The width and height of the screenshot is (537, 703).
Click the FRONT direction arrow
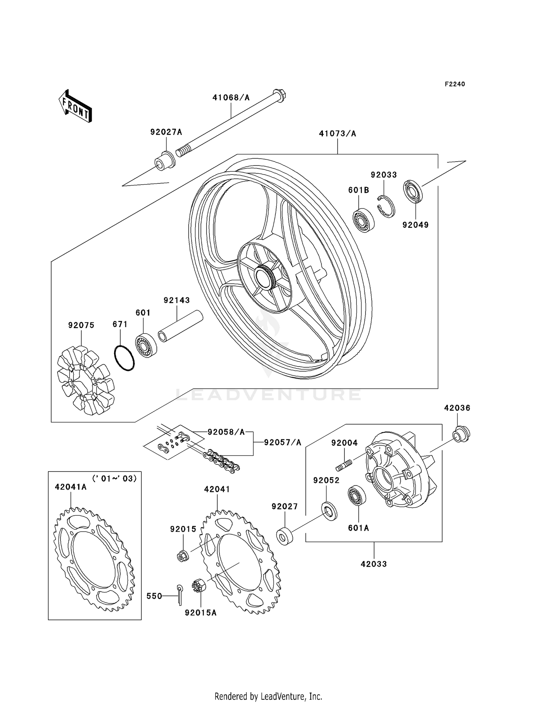[75, 107]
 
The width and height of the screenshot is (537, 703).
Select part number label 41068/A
[231, 97]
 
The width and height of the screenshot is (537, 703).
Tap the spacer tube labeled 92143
[180, 326]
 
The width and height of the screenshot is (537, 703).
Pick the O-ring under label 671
[124, 358]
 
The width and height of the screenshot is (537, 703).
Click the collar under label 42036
[461, 435]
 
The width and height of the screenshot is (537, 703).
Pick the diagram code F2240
[455, 84]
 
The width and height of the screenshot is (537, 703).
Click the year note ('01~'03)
[115, 479]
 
